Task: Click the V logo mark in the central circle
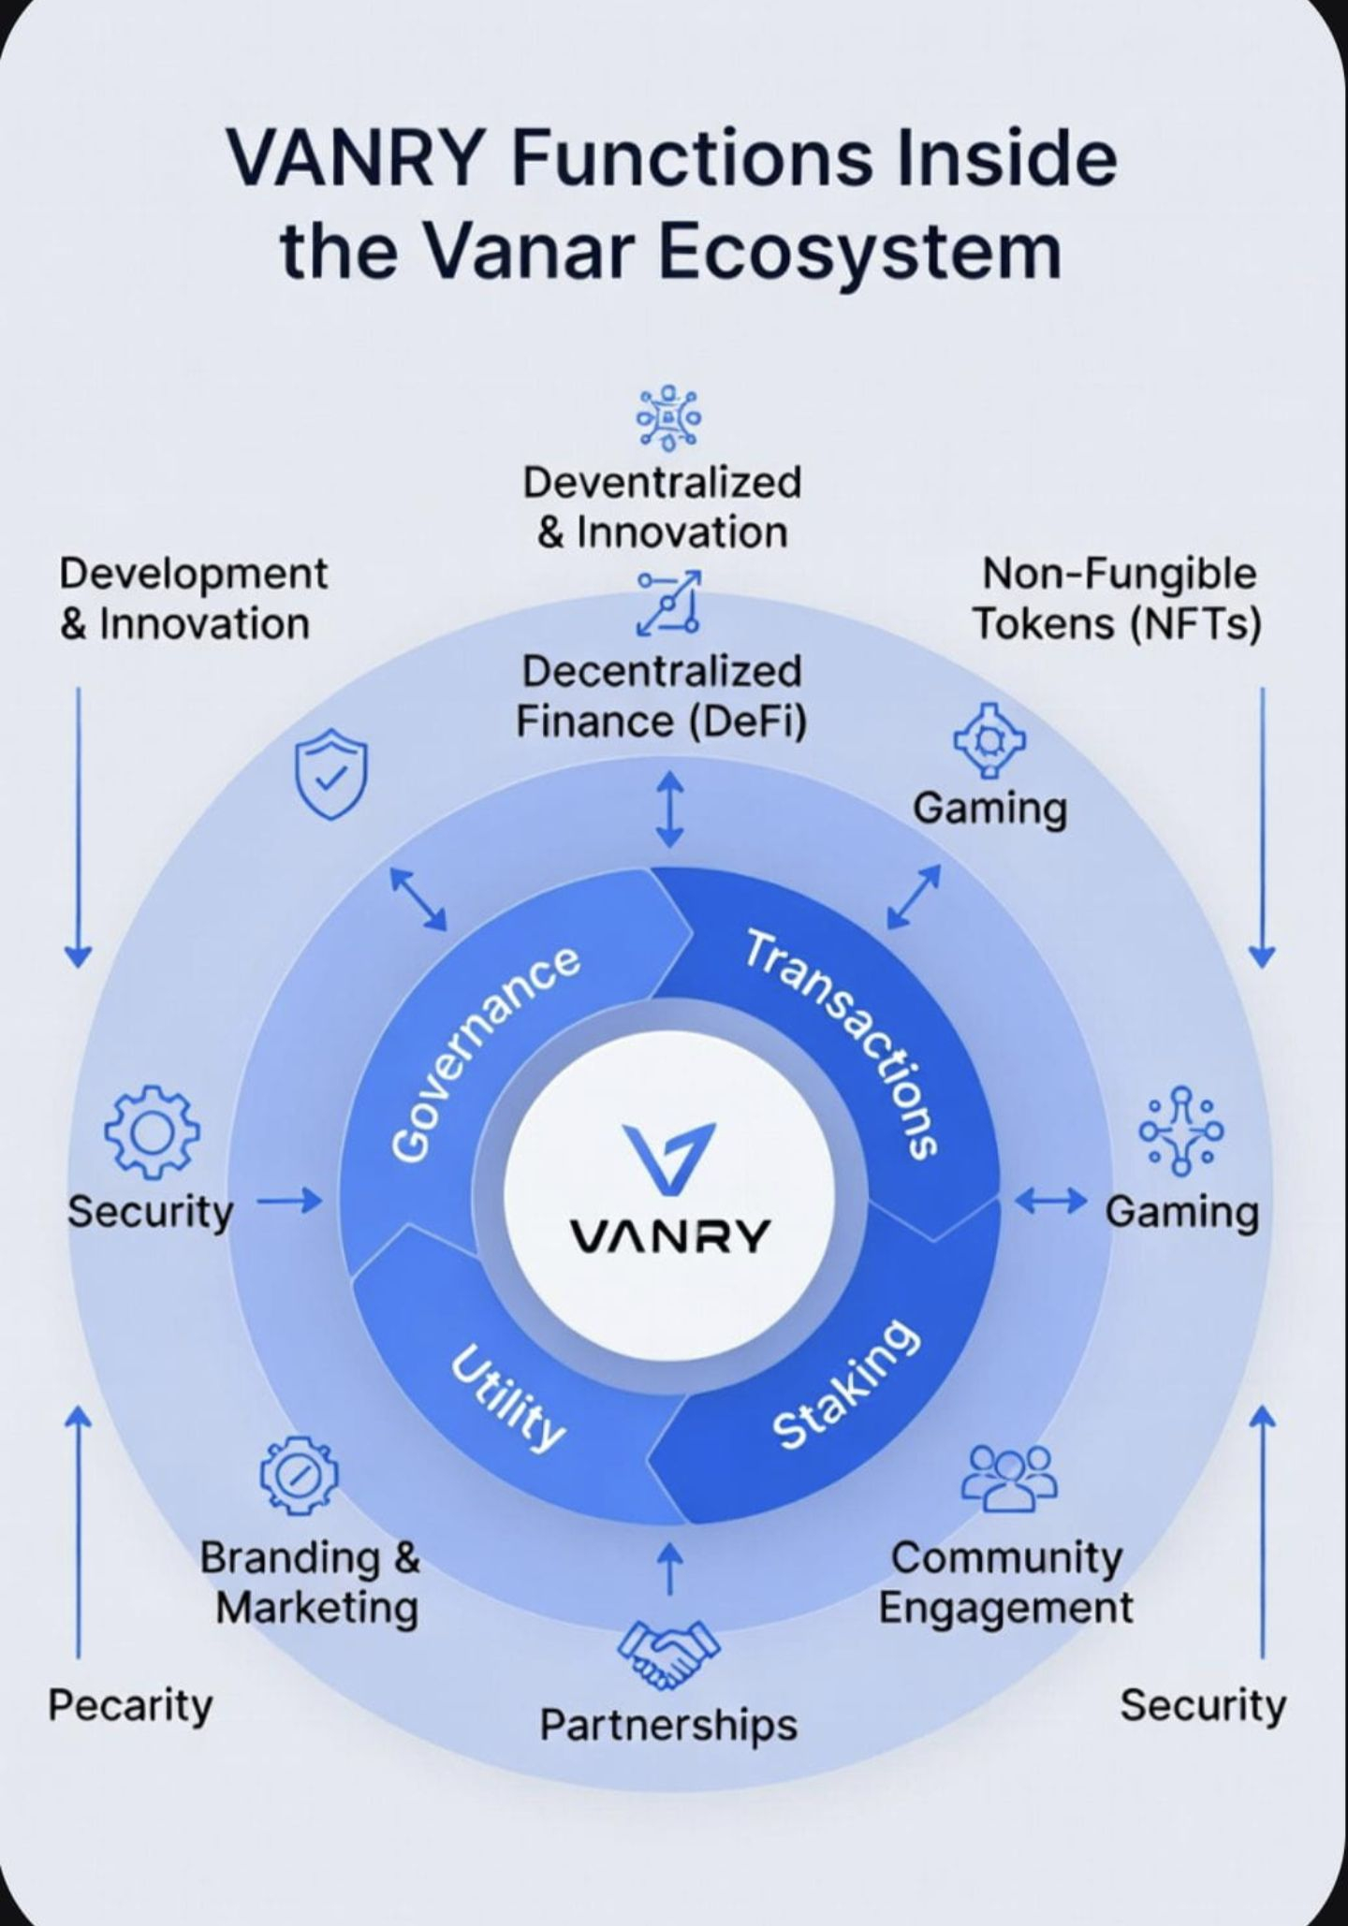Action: coord(669,1159)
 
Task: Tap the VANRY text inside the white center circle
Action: coord(669,1237)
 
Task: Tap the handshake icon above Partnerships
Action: coord(668,1655)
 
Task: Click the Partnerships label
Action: coord(668,1724)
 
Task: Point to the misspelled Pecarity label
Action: coord(130,1705)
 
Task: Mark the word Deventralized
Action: coord(662,483)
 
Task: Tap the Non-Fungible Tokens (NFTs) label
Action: coord(1118,599)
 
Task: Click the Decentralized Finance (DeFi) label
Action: coord(662,696)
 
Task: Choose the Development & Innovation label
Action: coord(193,599)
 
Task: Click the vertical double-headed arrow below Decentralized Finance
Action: coord(668,809)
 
